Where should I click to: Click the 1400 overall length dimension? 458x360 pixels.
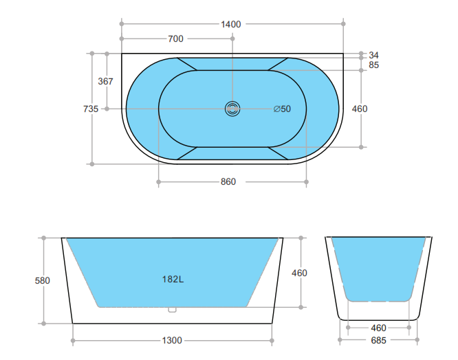point(231,24)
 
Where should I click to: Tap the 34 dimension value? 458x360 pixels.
point(374,55)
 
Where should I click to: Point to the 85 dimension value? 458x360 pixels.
point(374,65)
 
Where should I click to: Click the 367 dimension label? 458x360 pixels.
point(105,81)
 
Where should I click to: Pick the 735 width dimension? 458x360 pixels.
point(90,109)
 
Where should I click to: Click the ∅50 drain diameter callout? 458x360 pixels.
point(282,109)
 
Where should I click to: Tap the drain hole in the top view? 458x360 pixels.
point(232,109)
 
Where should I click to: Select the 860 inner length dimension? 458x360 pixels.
point(228,182)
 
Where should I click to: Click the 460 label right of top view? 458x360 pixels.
point(360,109)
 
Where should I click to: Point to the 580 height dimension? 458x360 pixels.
point(42,280)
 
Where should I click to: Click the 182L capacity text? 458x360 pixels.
point(172,280)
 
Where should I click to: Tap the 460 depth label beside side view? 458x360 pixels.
point(299,273)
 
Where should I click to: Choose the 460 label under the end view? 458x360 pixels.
point(378,328)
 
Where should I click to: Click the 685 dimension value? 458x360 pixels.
point(378,340)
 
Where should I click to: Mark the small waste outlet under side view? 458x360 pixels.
point(172,310)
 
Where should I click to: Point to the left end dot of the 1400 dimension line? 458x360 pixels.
point(122,24)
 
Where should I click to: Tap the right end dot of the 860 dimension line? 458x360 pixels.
point(307,182)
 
